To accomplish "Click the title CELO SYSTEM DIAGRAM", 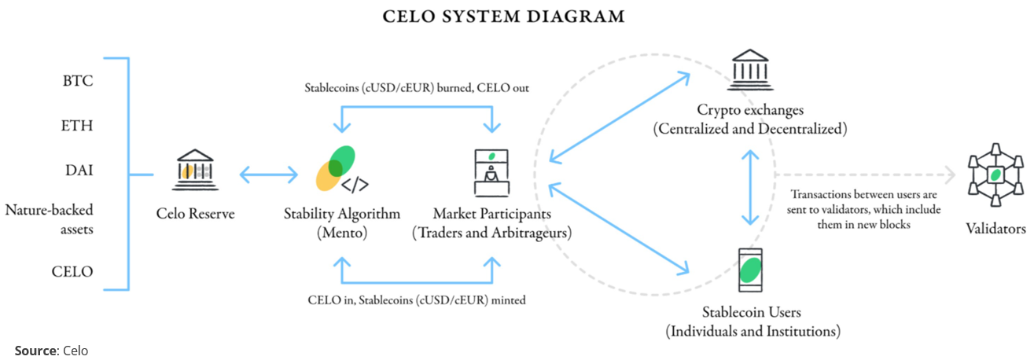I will [x=504, y=16].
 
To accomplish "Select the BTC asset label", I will [x=78, y=81].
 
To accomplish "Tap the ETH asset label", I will [x=78, y=125].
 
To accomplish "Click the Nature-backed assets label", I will [x=49, y=219].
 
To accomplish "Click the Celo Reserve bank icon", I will [x=195, y=171].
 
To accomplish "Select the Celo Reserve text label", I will [x=195, y=213].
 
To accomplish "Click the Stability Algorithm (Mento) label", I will [x=342, y=222].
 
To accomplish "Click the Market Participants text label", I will [x=492, y=222].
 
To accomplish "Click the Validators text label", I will [x=995, y=229].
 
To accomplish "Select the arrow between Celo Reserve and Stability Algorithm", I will [x=268, y=174].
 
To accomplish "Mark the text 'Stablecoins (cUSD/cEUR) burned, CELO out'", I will [x=416, y=88].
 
